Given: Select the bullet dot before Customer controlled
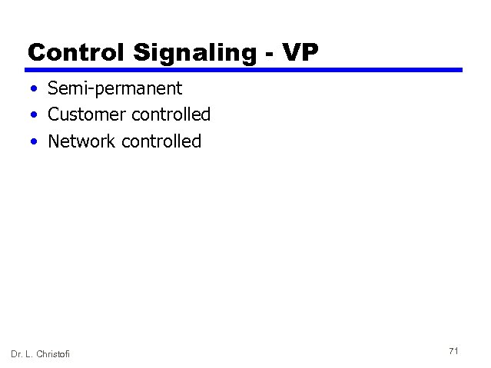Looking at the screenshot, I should (x=35, y=116).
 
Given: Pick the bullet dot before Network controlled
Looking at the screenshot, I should (x=35, y=142).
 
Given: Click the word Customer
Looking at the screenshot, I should (x=87, y=115).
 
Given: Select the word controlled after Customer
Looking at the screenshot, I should (x=171, y=115).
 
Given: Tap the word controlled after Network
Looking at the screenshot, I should (x=162, y=141).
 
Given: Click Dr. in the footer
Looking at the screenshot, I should (x=18, y=353).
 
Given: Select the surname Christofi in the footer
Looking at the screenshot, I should (x=59, y=353).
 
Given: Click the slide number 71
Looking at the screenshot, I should (x=453, y=351).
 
